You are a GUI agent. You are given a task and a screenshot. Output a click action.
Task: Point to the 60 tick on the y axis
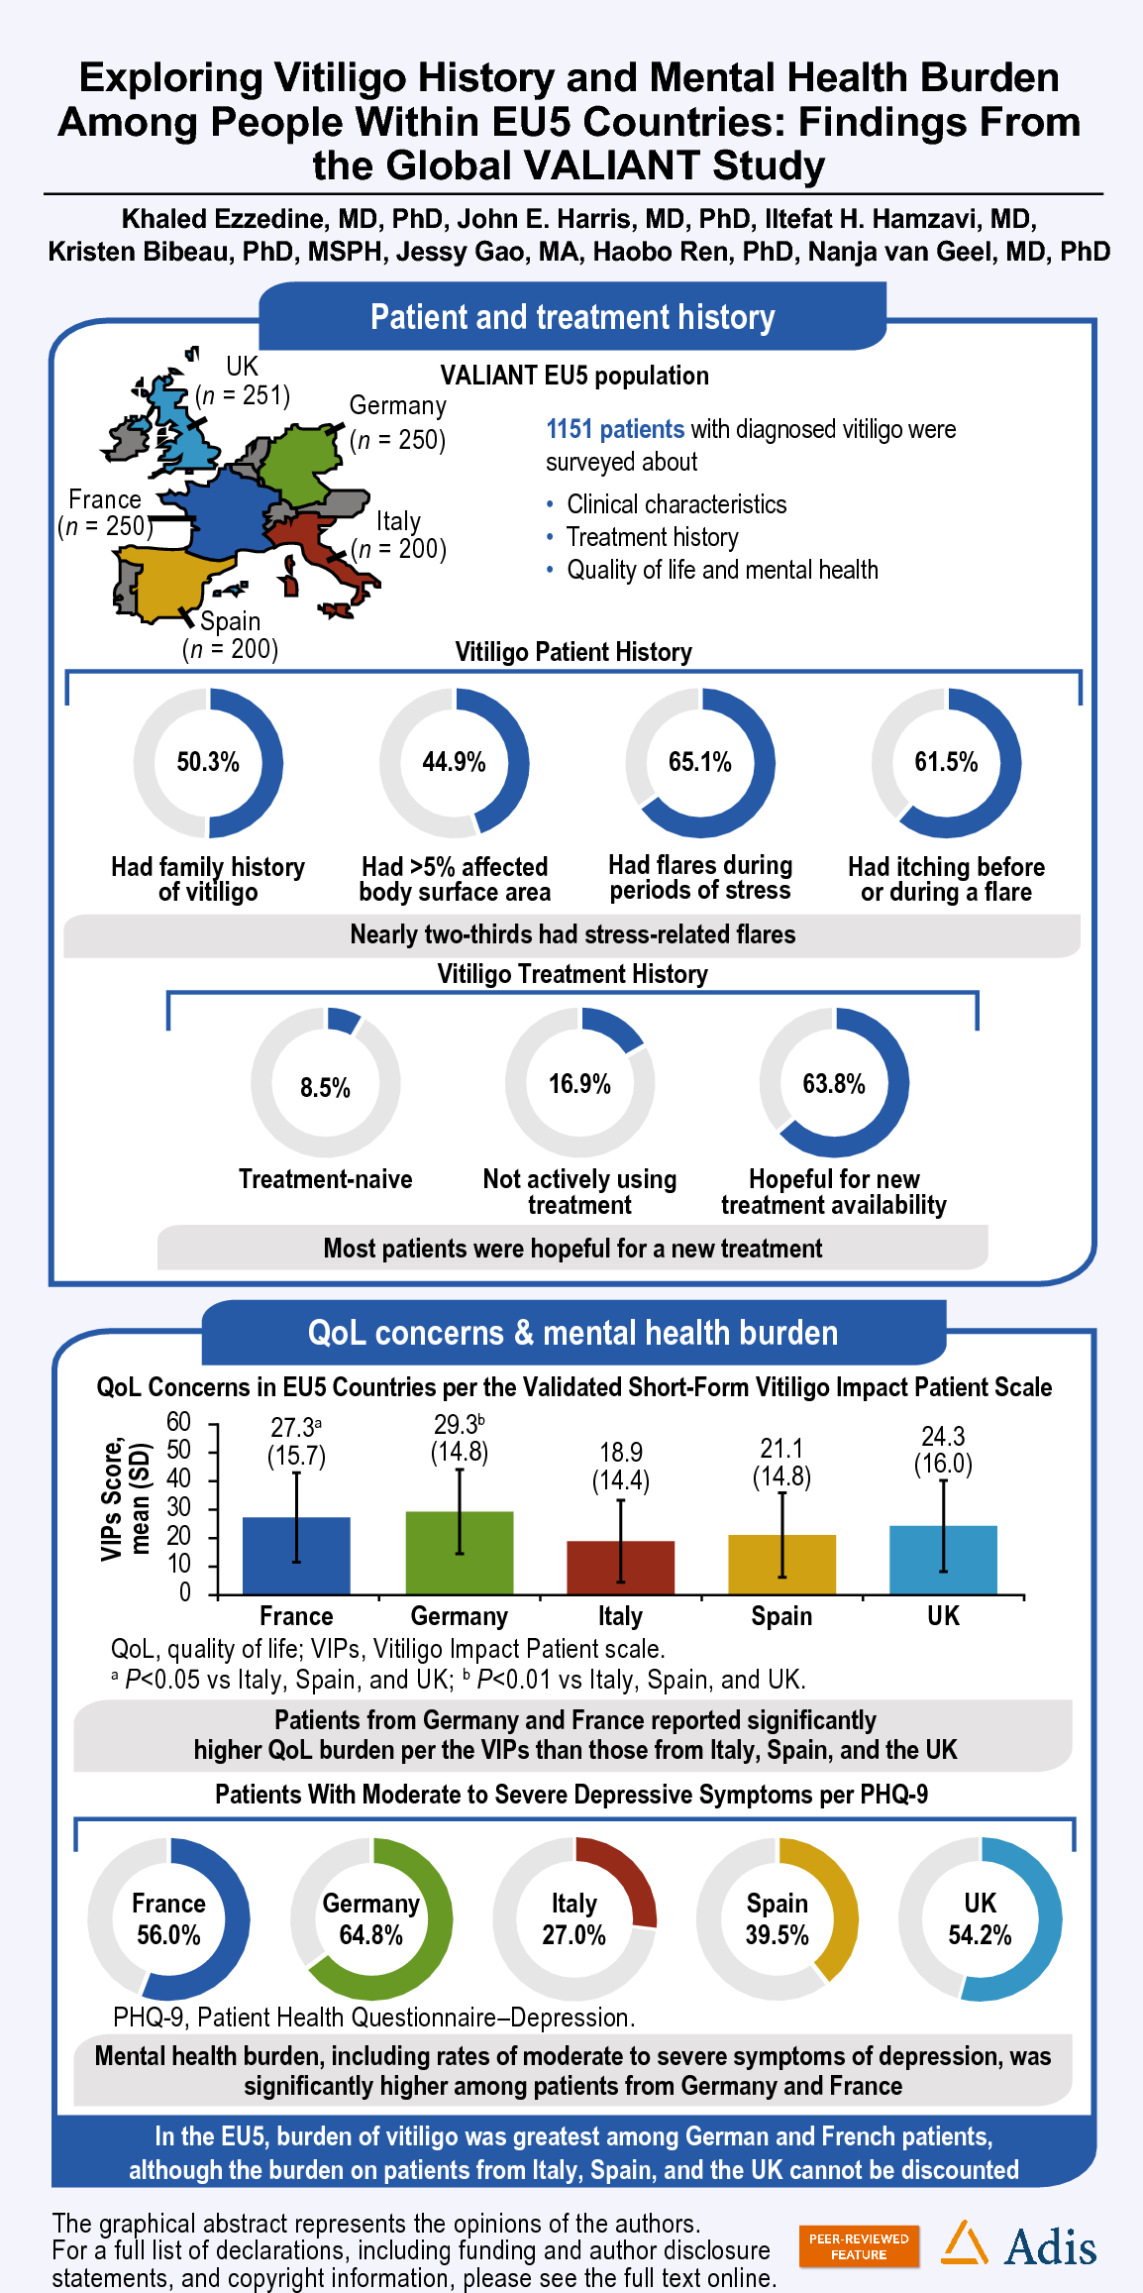click(178, 1422)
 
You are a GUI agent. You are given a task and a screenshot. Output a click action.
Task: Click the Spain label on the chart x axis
click(781, 1616)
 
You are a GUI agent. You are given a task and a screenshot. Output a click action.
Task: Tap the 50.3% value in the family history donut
click(208, 762)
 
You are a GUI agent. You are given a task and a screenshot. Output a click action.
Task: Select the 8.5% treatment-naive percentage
click(325, 1088)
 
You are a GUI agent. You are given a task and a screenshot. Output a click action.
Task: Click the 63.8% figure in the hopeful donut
click(834, 1084)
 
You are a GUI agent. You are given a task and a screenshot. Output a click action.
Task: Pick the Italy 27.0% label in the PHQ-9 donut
click(574, 1919)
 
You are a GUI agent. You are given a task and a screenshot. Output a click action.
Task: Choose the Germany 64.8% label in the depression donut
click(371, 1919)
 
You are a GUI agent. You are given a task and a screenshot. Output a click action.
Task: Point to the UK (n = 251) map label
click(243, 382)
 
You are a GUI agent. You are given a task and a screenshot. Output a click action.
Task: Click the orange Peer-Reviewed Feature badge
click(859, 2246)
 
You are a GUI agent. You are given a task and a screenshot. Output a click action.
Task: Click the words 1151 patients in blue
click(615, 429)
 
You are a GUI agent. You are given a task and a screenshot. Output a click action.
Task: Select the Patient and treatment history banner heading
click(572, 317)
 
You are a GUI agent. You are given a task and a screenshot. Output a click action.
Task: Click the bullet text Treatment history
click(652, 537)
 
